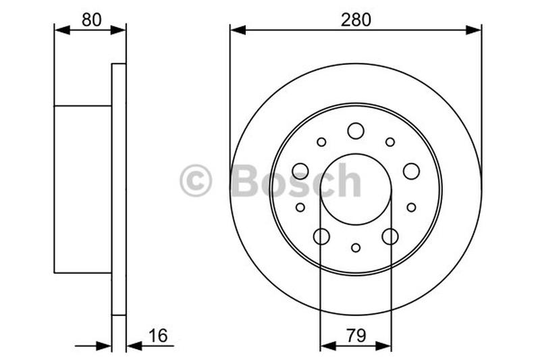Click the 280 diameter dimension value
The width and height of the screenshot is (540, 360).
click(x=355, y=20)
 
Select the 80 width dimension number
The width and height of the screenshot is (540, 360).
click(x=90, y=20)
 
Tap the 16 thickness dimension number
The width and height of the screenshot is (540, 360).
click(x=157, y=335)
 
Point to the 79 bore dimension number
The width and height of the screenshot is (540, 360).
click(x=355, y=335)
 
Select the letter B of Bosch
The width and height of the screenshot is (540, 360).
click(x=244, y=181)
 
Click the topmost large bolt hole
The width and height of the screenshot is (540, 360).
click(x=356, y=130)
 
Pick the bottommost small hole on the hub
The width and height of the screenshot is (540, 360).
click(x=356, y=248)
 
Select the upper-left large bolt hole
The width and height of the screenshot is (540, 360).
click(x=300, y=171)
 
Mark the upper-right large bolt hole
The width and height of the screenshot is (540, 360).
click(x=411, y=171)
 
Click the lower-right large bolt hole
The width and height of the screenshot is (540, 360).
click(x=390, y=236)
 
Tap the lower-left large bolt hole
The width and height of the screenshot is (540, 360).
click(x=321, y=236)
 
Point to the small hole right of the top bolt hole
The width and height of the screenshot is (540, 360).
click(x=390, y=142)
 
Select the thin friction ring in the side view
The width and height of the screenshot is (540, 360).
click(x=119, y=189)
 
